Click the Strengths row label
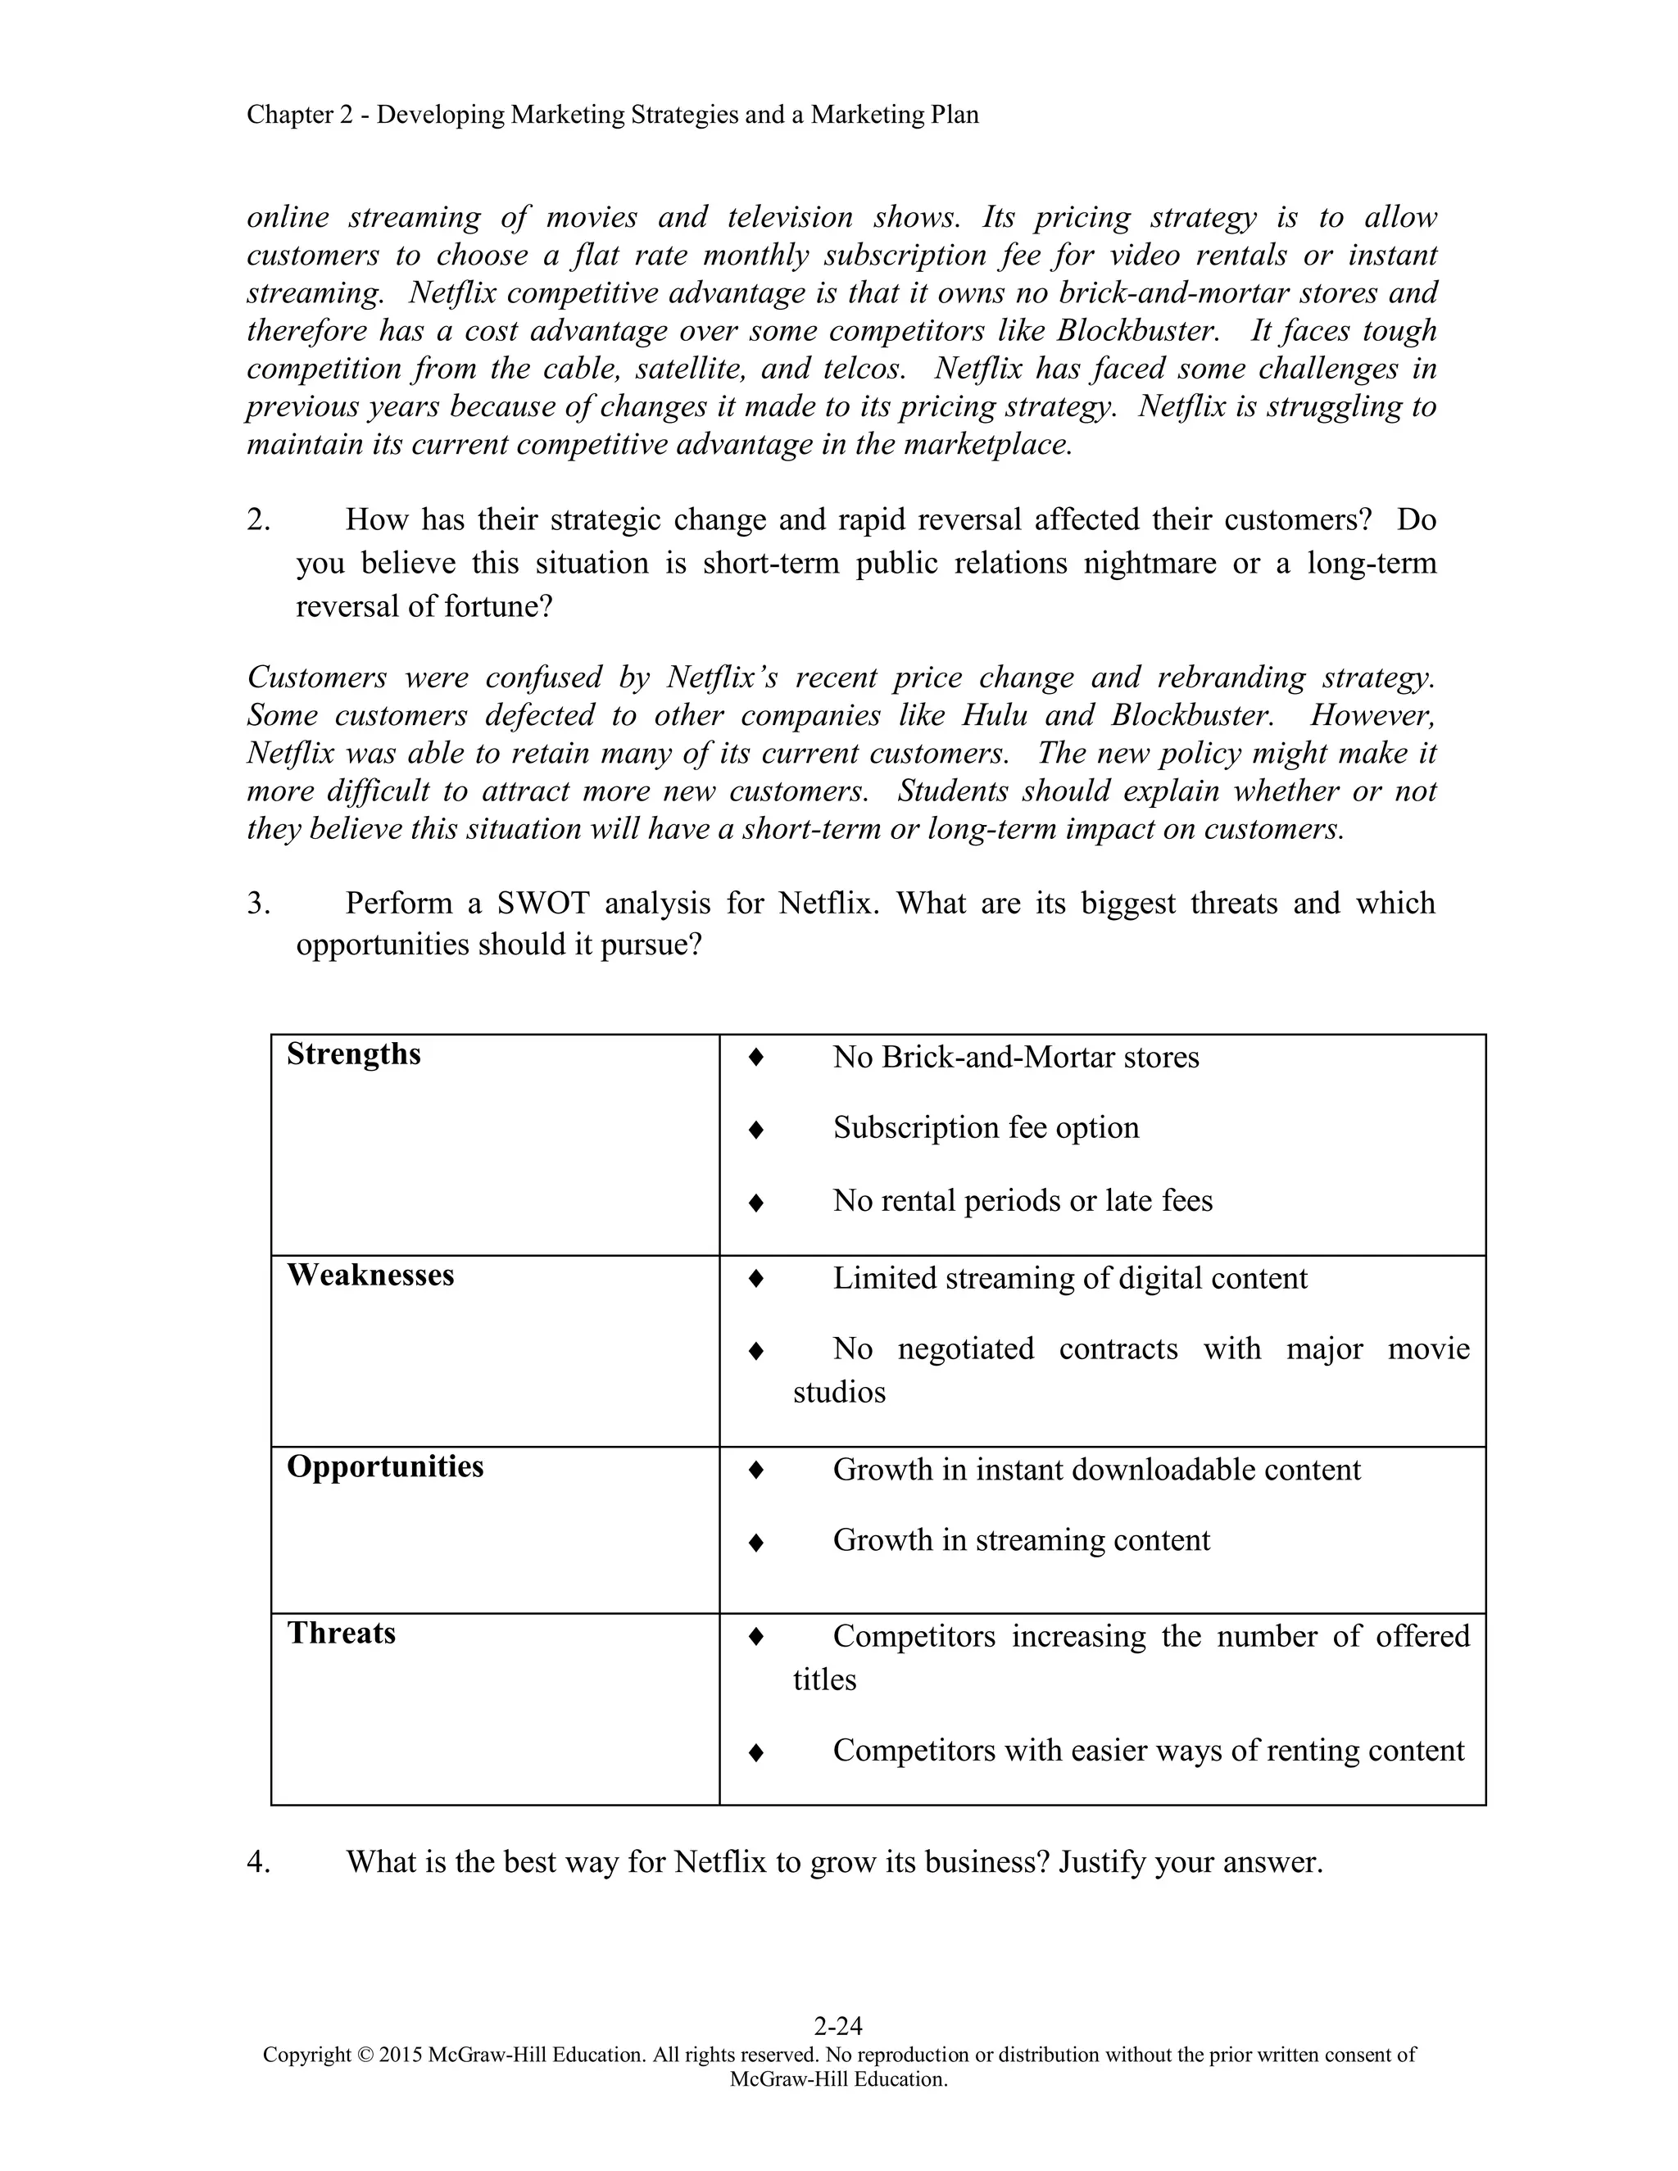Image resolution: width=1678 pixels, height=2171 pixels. (353, 1054)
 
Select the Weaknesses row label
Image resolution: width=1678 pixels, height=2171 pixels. (370, 1276)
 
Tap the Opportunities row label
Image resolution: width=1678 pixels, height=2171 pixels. (385, 1467)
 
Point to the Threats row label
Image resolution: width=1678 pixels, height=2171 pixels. (341, 1634)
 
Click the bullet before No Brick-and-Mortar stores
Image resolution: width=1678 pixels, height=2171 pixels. (755, 1058)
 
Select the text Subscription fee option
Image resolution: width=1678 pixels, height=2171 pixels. (985, 1128)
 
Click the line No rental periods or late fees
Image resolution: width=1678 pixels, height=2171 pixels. (1022, 1201)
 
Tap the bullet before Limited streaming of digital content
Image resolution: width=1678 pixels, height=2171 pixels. (755, 1280)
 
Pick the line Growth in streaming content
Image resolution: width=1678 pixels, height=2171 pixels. (1021, 1541)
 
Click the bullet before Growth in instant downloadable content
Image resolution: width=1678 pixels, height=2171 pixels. (755, 1471)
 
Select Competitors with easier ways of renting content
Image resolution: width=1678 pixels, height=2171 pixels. (1148, 1751)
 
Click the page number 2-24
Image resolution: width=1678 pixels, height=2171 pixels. (838, 2026)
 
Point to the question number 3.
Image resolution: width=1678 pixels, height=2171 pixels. (258, 904)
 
